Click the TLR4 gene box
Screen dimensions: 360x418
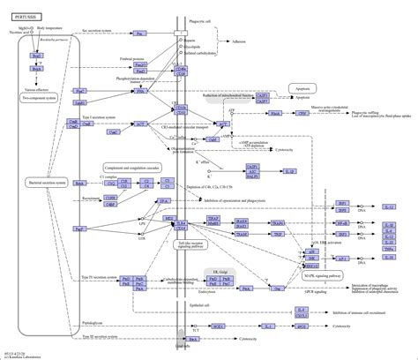point(181,225)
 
